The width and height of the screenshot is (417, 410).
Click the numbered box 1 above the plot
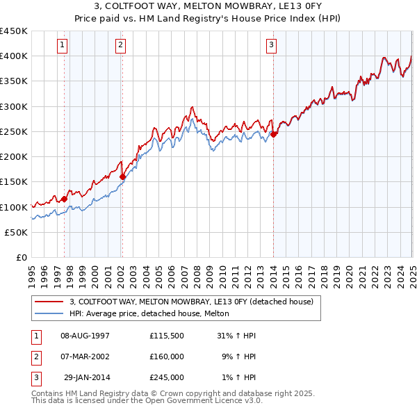(63, 46)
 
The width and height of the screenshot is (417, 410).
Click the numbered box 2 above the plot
(120, 46)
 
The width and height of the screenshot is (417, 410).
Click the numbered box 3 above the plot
(271, 46)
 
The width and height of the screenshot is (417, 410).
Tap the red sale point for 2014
(274, 134)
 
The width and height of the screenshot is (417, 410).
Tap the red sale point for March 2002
(122, 177)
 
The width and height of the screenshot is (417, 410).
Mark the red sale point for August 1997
(64, 199)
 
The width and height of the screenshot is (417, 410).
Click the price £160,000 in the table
(166, 356)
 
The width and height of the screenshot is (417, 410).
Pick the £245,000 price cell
(166, 377)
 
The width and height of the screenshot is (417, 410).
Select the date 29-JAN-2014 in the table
(86, 377)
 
